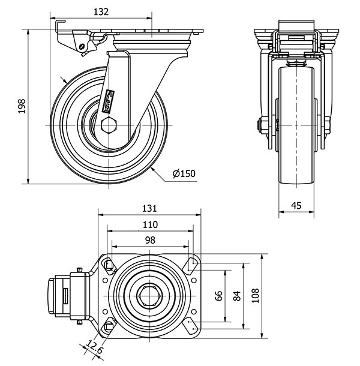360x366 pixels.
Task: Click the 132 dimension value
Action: (101, 11)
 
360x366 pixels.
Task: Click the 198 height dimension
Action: (22, 106)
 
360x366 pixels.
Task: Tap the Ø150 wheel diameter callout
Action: (184, 174)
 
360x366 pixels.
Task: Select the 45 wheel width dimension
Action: (296, 205)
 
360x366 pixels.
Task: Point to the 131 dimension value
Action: (149, 208)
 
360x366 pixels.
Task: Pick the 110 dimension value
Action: (150, 224)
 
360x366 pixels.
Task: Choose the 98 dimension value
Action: (149, 240)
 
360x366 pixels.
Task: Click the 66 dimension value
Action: (220, 295)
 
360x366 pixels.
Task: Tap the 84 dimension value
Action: (237, 295)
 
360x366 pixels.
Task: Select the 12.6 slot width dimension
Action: (94, 346)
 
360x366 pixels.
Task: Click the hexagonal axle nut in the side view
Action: (109, 125)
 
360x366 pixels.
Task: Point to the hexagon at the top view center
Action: (149, 295)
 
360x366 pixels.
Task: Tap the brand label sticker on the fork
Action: (110, 97)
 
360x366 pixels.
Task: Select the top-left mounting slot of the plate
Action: (109, 265)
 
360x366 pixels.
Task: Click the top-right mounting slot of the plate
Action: (192, 265)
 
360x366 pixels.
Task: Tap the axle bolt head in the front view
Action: (262, 126)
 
